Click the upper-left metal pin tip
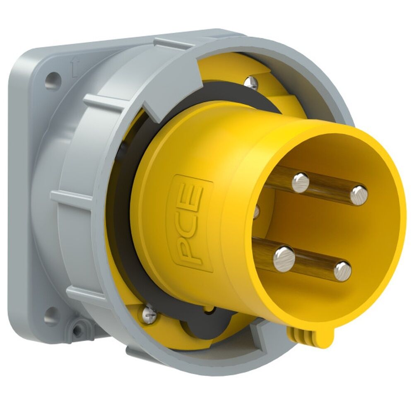coord(301,183)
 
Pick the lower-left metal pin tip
coord(284,258)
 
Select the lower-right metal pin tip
coord(342,271)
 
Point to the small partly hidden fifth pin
coord(256,212)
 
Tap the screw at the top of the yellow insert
coord(251,82)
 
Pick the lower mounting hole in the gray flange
coord(52,315)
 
